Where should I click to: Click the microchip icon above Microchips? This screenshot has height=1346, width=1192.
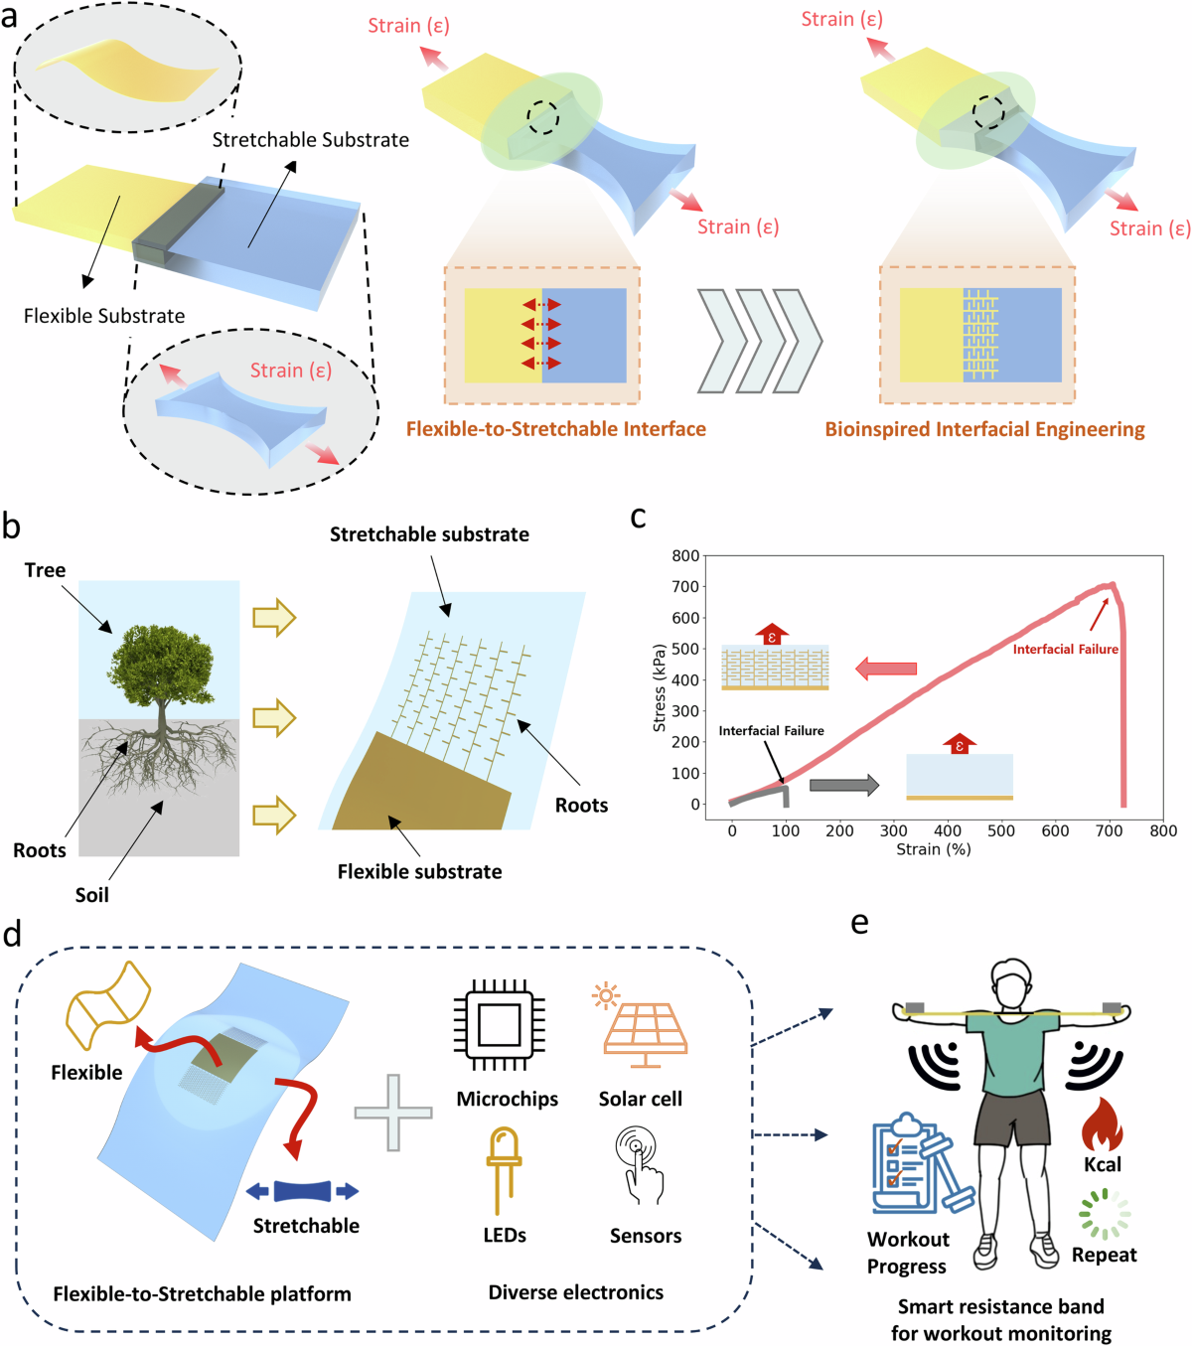click(499, 1024)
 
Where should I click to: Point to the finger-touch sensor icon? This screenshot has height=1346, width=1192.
click(641, 1163)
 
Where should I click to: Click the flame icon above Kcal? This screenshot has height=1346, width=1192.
click(1102, 1123)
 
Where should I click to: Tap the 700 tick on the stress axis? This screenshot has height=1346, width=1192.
click(686, 586)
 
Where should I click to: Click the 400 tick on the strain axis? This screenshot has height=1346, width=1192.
click(948, 830)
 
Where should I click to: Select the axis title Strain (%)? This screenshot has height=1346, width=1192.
click(933, 849)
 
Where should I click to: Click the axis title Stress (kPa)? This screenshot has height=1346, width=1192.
click(660, 687)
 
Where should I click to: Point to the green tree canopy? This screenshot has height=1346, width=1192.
click(161, 662)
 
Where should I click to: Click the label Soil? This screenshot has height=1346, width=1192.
click(91, 895)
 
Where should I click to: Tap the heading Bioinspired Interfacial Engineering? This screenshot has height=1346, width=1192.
click(984, 429)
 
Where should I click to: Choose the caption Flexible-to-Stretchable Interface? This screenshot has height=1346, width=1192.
click(555, 429)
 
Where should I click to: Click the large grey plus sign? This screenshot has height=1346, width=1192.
click(393, 1113)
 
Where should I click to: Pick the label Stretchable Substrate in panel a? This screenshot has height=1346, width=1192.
click(310, 140)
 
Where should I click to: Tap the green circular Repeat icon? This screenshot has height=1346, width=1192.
click(1105, 1214)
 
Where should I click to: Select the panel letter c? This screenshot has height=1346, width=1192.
click(639, 518)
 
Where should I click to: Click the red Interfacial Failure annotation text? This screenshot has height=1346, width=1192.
click(1065, 649)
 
